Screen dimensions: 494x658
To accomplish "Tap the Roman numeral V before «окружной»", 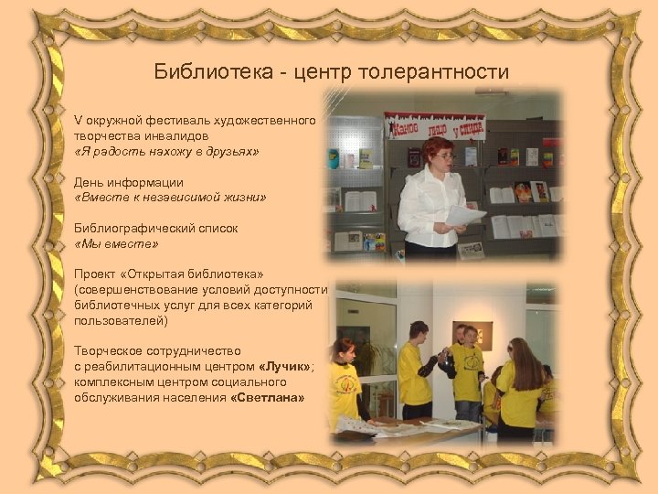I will [x=78, y=121].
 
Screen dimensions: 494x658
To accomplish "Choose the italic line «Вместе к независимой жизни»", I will [x=170, y=198].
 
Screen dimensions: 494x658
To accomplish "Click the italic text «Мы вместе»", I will [x=116, y=244].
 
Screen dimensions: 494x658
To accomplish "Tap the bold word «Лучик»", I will [x=284, y=367].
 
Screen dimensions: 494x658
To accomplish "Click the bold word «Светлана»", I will [x=268, y=398].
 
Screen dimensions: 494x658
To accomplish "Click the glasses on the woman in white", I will [x=441, y=156].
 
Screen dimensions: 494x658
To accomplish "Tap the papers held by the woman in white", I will [x=465, y=216].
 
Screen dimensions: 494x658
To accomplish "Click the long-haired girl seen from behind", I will [x=520, y=384].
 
